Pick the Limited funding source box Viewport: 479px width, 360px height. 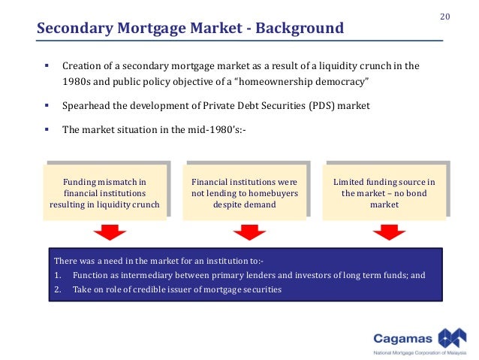[x=384, y=193]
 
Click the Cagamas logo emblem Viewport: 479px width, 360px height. [x=453, y=335]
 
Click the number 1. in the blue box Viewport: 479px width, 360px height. [x=58, y=275]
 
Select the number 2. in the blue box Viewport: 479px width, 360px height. [x=58, y=289]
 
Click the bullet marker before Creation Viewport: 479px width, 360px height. [x=46, y=66]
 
